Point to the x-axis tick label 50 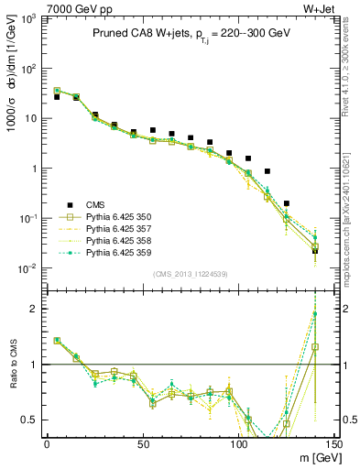142,444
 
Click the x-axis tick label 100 238,444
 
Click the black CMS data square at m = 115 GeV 267,171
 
